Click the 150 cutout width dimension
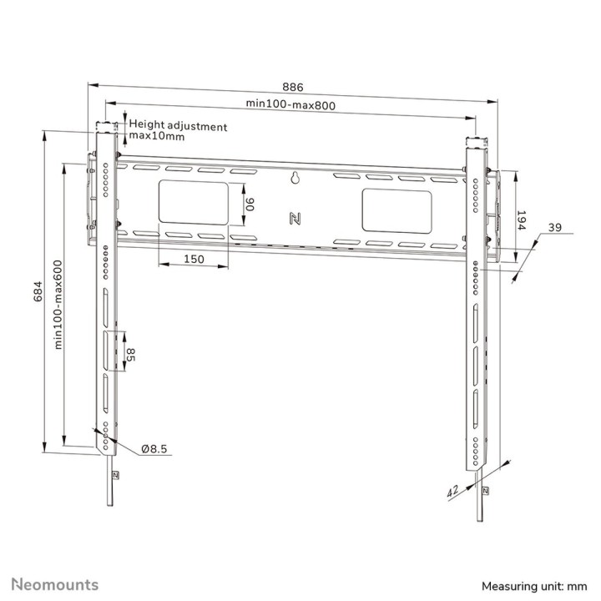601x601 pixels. pyautogui.click(x=194, y=260)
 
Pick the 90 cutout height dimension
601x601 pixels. pyautogui.click(x=248, y=203)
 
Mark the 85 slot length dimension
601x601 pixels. pyautogui.click(x=131, y=354)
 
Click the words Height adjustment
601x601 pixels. pyautogui.click(x=178, y=126)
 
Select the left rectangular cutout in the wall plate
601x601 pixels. pyautogui.click(x=193, y=203)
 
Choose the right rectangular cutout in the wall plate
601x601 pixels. pyautogui.click(x=396, y=210)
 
